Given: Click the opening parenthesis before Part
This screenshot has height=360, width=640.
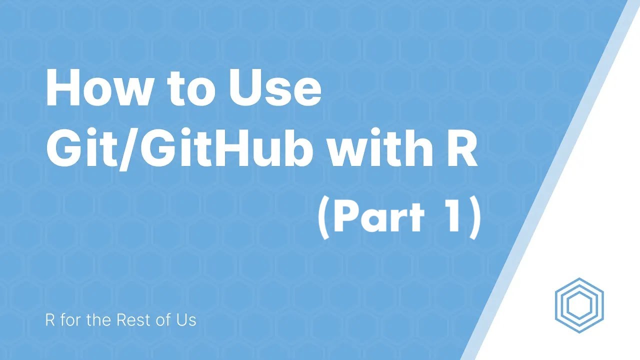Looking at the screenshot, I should (323, 218).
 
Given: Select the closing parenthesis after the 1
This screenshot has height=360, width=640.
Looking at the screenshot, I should (473, 218).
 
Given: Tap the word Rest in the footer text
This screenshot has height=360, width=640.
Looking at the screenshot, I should (134, 320).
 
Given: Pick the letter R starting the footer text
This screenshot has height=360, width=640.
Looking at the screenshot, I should (50, 320).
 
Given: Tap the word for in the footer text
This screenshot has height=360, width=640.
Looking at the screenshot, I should (70, 320).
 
